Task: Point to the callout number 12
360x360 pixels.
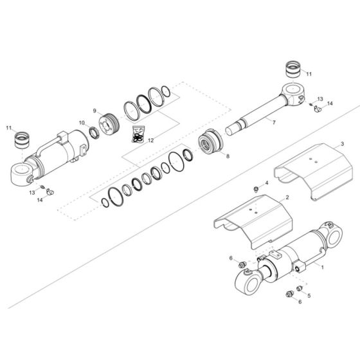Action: [x=152, y=139]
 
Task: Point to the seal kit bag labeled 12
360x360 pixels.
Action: [x=136, y=133]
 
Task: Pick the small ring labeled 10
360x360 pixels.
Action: [x=94, y=133]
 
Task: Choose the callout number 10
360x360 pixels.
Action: [x=82, y=123]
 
